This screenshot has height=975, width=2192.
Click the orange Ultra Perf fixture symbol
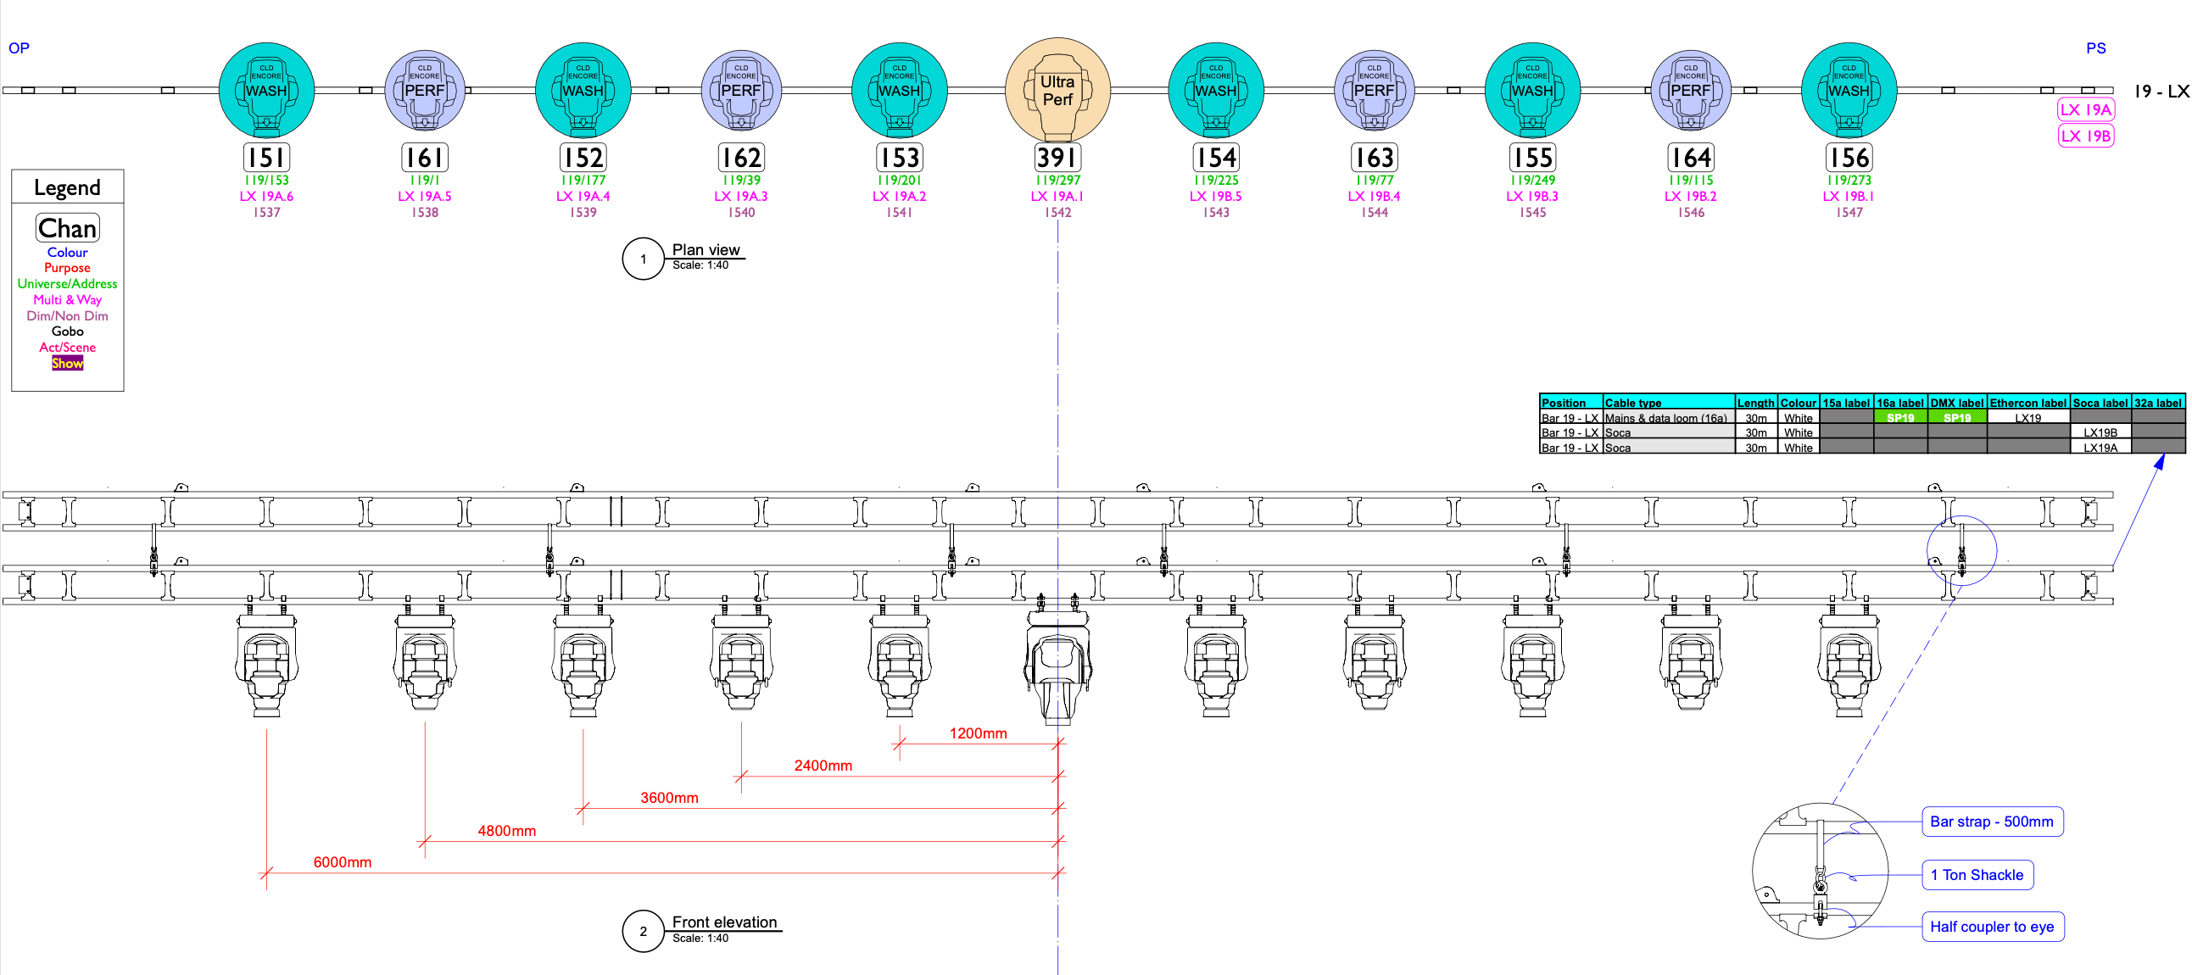(x=1057, y=90)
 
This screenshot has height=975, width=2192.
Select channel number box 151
(x=266, y=158)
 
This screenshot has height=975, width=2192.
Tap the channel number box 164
(x=1690, y=158)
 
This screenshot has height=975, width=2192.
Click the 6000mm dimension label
(x=342, y=862)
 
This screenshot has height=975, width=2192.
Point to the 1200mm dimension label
(x=978, y=733)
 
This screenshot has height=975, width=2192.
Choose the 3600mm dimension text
(x=669, y=798)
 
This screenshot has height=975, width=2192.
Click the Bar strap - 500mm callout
(x=1991, y=822)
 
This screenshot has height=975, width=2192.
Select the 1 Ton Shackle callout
(x=1976, y=875)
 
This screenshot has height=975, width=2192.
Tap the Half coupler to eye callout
(x=1991, y=927)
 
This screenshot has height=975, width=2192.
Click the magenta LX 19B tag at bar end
(x=2085, y=136)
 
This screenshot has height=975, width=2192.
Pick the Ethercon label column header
(x=2027, y=404)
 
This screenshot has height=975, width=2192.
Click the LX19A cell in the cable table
(x=2100, y=448)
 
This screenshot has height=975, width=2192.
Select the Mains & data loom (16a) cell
(x=1665, y=418)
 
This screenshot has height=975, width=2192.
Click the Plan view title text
(x=706, y=249)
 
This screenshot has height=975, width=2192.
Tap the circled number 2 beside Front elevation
(x=643, y=931)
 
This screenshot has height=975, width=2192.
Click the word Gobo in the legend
(x=67, y=331)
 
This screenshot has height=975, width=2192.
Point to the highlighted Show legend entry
(x=67, y=363)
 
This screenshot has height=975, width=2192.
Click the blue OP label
(x=19, y=47)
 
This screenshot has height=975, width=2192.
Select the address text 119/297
(x=1057, y=181)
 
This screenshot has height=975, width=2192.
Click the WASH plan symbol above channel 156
(x=1849, y=90)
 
